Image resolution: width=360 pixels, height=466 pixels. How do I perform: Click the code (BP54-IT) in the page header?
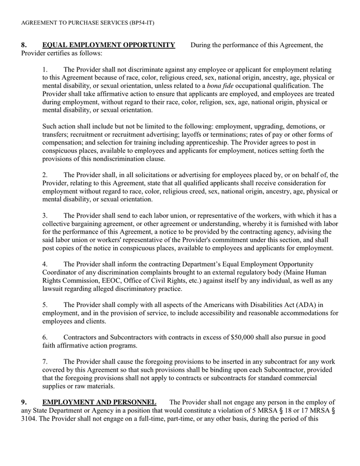point(139,23)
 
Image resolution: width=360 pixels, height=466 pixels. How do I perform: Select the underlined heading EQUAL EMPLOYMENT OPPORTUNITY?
point(109,45)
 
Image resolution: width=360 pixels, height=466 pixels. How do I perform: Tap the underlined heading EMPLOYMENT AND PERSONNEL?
point(99,402)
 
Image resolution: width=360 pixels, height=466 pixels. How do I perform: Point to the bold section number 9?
point(24,402)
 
